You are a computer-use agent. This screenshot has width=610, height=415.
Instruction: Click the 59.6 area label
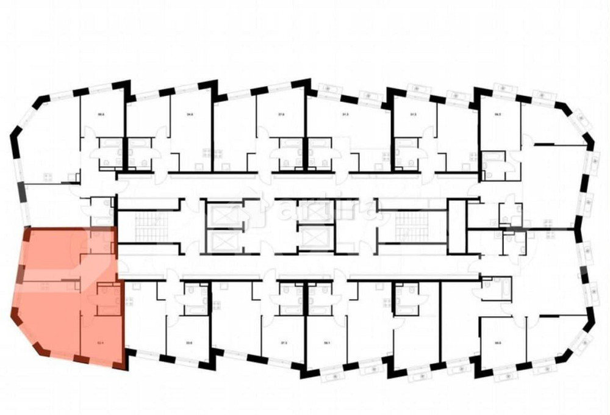pyautogui.click(x=100, y=114)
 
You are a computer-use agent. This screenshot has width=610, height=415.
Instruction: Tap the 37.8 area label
pyautogui.click(x=281, y=114)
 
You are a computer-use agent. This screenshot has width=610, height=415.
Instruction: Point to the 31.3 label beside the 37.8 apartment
pyautogui.click(x=345, y=114)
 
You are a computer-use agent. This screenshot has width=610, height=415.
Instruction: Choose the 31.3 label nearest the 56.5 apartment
pyautogui.click(x=413, y=114)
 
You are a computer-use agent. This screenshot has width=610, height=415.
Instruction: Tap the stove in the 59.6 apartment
pyautogui.click(x=47, y=178)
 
